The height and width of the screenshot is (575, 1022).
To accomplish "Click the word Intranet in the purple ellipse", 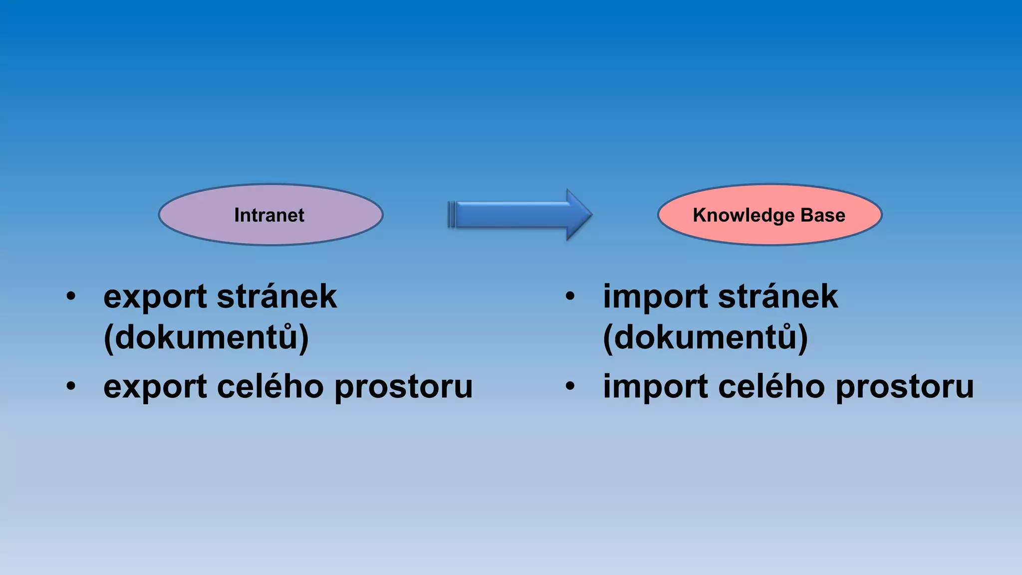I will click(269, 215).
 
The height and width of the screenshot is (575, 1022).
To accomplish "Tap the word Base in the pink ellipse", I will click(823, 215).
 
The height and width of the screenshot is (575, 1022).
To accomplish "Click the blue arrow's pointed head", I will click(579, 215).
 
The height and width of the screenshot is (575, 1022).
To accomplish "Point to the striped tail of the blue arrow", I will click(452, 215).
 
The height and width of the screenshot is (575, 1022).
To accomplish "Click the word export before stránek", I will click(155, 297).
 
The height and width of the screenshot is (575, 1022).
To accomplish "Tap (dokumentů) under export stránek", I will click(206, 338).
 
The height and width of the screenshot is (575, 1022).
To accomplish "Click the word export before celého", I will click(155, 388).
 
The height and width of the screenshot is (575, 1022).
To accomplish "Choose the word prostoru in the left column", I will click(403, 388).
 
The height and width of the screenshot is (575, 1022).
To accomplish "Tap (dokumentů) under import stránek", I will click(705, 338).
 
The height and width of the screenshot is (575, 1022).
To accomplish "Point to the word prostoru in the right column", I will click(904, 388).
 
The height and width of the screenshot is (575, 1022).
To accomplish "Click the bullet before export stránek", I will click(71, 296).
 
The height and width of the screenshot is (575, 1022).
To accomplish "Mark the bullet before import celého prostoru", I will click(570, 386).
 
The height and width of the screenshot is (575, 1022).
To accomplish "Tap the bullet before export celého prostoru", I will click(71, 386).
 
